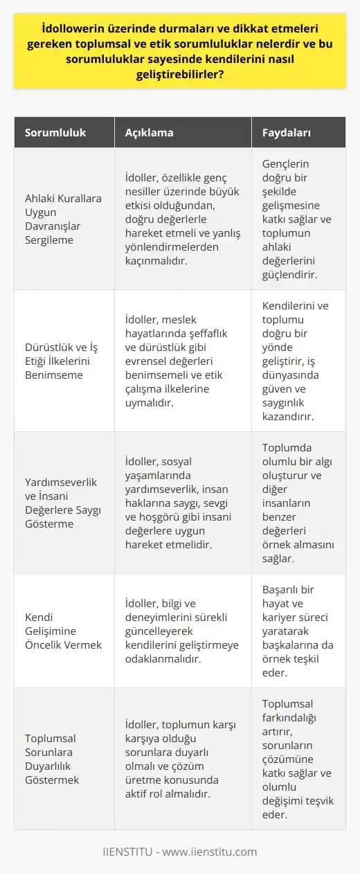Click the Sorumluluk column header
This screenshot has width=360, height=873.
(x=55, y=133)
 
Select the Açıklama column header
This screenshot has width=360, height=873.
(x=150, y=133)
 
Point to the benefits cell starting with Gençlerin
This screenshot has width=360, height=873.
(x=298, y=219)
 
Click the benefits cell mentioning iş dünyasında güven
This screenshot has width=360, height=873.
(x=298, y=361)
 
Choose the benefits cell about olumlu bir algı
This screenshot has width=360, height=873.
(x=298, y=502)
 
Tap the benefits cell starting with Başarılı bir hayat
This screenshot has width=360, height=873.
(x=298, y=630)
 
